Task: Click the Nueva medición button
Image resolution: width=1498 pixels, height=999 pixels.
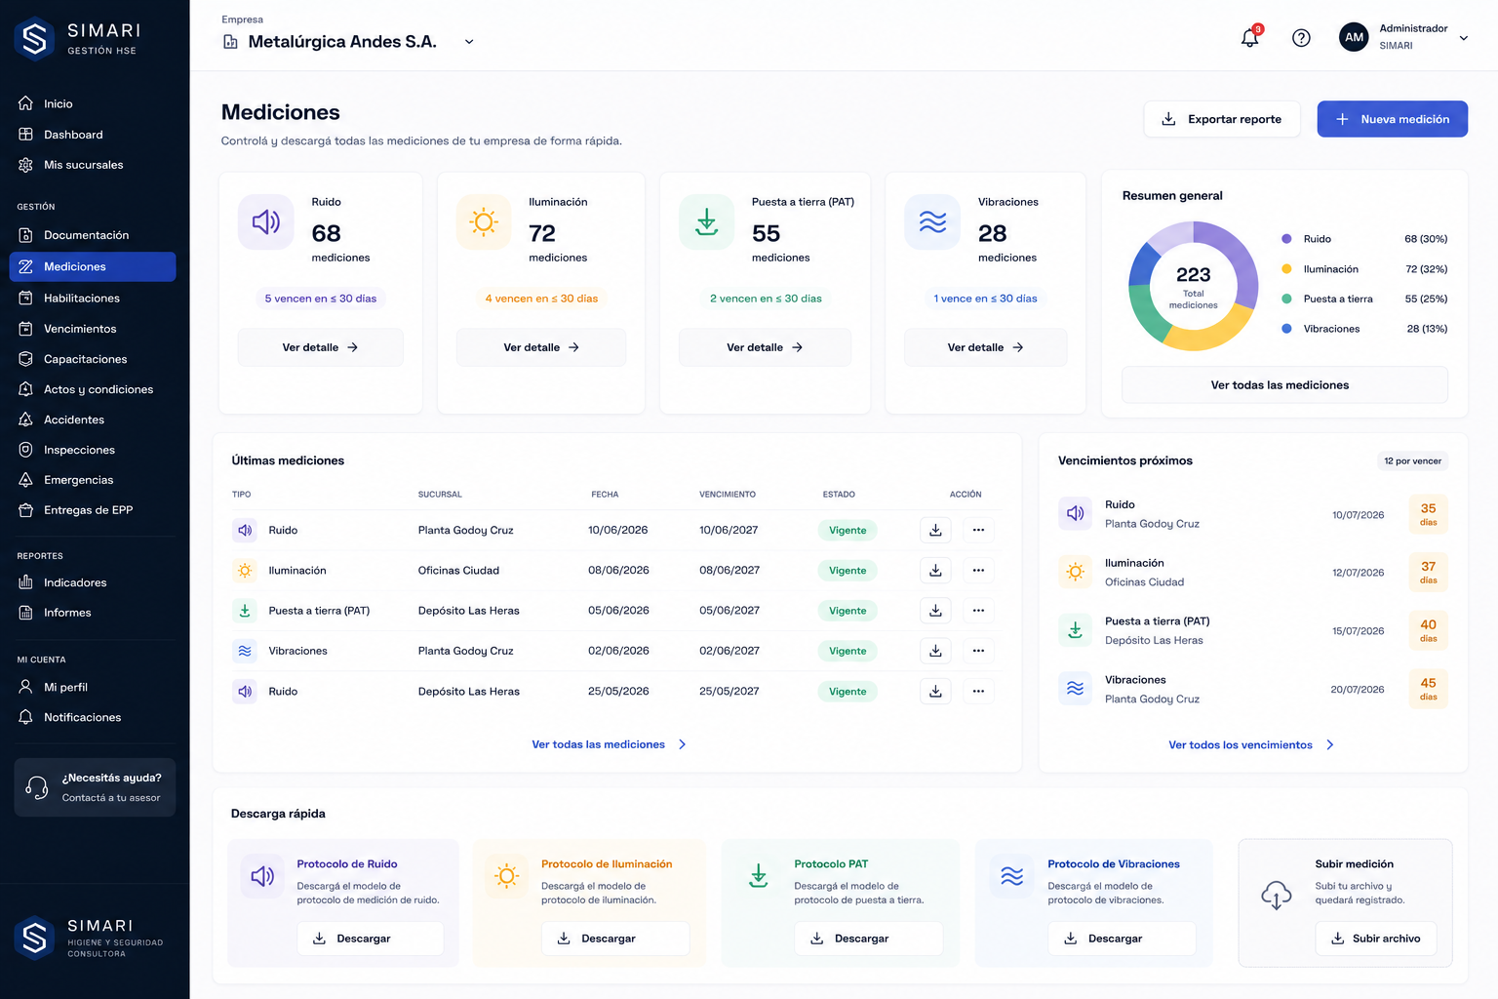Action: [1392, 119]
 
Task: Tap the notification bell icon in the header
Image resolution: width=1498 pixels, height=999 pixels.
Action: [1249, 37]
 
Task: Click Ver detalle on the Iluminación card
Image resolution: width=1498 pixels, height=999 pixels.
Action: [541, 347]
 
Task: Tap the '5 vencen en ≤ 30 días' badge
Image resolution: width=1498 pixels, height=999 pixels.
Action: [320, 299]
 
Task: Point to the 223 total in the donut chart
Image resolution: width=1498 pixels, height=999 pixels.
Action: [1193, 274]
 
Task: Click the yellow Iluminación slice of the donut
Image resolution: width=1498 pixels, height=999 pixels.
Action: [1209, 336]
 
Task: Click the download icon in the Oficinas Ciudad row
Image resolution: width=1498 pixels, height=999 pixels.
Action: [935, 570]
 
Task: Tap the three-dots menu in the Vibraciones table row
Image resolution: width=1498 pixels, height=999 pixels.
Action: [978, 651]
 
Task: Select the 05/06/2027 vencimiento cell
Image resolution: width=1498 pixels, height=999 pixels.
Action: [729, 611]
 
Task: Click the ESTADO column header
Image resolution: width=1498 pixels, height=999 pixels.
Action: [839, 495]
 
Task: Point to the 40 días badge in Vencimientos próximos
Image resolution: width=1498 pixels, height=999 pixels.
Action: [1428, 629]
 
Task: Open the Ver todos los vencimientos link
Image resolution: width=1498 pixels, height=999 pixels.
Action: [1250, 744]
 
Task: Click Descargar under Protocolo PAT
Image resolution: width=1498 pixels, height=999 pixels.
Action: [868, 939]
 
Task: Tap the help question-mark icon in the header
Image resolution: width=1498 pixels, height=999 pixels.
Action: [1301, 37]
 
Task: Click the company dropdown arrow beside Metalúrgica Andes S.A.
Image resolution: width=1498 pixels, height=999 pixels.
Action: [469, 42]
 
